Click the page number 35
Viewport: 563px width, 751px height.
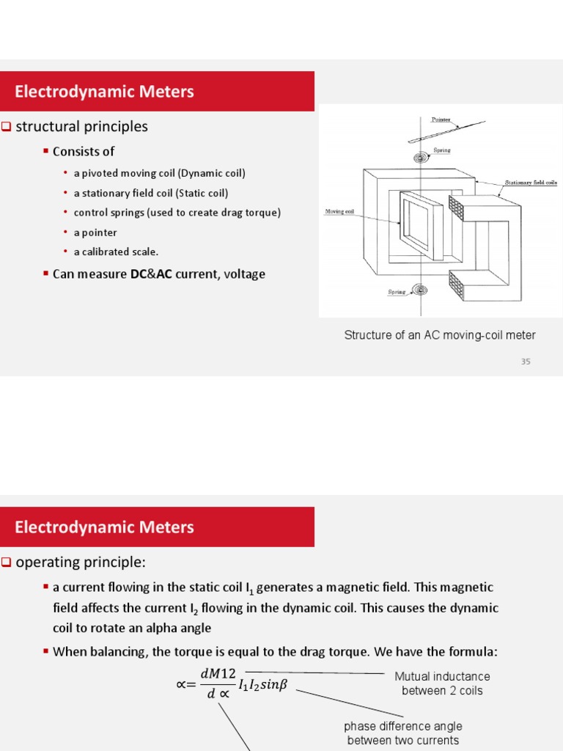(x=526, y=361)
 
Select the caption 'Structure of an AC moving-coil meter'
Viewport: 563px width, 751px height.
(x=440, y=335)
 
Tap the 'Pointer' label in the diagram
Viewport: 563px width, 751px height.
(x=441, y=119)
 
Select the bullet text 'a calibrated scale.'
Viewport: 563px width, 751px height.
(x=116, y=252)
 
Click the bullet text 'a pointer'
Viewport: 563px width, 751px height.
(x=95, y=232)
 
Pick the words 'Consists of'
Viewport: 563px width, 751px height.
(x=84, y=151)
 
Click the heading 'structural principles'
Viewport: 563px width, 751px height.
(x=81, y=126)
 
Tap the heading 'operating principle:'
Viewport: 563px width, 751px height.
(x=81, y=562)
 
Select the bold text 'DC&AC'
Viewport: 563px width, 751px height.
(x=151, y=274)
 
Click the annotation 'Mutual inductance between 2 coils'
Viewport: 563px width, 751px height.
(x=442, y=684)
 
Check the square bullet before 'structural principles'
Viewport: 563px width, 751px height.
(x=7, y=126)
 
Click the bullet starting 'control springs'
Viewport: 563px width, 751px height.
(x=177, y=213)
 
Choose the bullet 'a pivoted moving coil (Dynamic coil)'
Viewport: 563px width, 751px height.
(x=159, y=173)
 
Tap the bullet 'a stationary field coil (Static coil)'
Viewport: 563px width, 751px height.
(x=150, y=193)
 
